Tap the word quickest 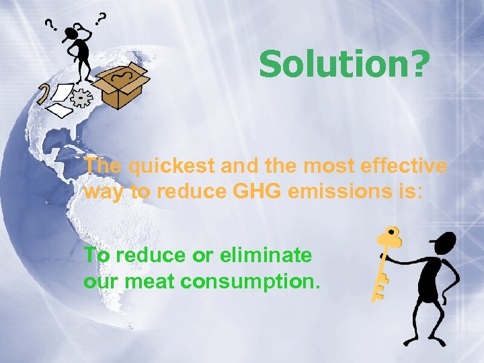(x=165, y=166)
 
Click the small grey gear (x=81, y=99)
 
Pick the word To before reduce (x=96, y=255)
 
